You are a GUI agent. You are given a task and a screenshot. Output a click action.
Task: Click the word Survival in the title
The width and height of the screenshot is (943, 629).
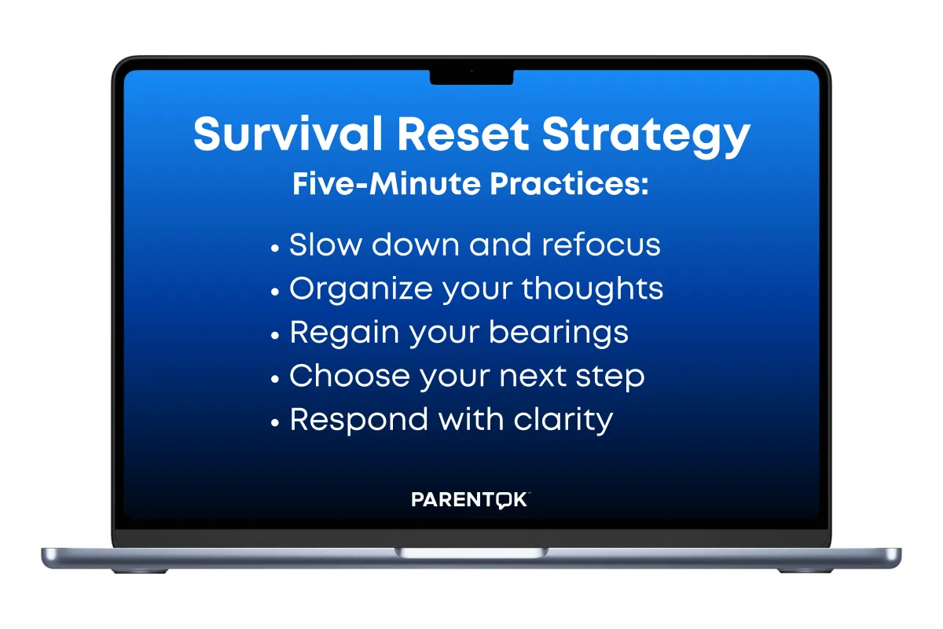pyautogui.click(x=288, y=133)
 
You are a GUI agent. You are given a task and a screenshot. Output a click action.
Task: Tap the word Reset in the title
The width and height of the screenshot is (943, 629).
pyautogui.click(x=463, y=134)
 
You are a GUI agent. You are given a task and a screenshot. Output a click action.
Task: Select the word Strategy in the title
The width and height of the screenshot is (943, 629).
pyautogui.click(x=646, y=137)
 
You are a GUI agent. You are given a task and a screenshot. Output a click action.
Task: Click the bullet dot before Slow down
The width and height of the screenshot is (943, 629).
pyautogui.click(x=275, y=248)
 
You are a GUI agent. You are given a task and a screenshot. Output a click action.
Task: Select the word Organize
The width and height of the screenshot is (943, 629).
pyautogui.click(x=361, y=290)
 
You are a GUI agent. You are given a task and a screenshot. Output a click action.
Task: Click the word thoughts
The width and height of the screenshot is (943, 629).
pyautogui.click(x=593, y=289)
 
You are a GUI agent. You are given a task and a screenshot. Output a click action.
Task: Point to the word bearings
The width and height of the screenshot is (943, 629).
pyautogui.click(x=559, y=333)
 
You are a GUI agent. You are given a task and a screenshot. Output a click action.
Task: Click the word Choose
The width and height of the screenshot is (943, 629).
pyautogui.click(x=350, y=375)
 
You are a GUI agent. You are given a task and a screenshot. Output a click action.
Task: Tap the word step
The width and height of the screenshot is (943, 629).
pyautogui.click(x=610, y=377)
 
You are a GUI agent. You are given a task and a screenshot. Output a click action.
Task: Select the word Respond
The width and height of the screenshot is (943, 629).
pyautogui.click(x=358, y=421)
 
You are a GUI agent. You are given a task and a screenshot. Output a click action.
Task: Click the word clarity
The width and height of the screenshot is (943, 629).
pyautogui.click(x=563, y=421)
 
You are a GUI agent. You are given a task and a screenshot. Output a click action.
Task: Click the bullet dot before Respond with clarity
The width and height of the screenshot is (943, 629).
pyautogui.click(x=275, y=422)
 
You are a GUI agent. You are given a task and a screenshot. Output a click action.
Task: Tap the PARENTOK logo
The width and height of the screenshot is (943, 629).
pyautogui.click(x=470, y=499)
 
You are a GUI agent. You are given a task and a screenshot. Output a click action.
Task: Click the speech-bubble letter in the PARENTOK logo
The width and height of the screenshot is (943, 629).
pyautogui.click(x=503, y=501)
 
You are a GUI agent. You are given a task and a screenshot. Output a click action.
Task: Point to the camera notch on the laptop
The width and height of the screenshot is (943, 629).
pyautogui.click(x=472, y=77)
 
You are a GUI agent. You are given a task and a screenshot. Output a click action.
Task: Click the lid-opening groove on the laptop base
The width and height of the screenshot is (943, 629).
pyautogui.click(x=472, y=552)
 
